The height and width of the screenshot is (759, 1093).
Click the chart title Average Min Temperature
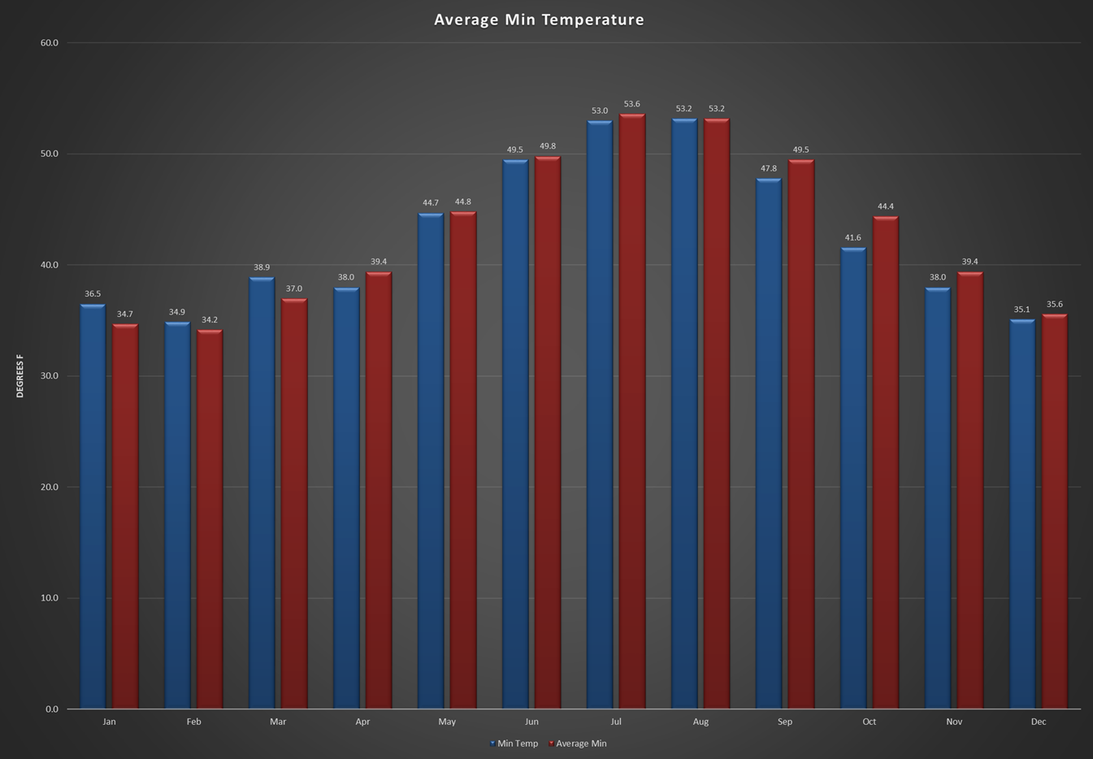[x=539, y=20]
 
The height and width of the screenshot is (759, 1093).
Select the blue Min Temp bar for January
[x=93, y=504]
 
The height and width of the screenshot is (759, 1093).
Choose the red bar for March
[x=294, y=504]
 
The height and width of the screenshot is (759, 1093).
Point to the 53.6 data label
[x=632, y=104]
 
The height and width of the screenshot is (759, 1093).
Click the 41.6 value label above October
[x=852, y=238]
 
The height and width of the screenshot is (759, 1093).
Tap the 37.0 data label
[x=294, y=288]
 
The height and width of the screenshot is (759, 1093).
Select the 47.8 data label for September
[x=768, y=169]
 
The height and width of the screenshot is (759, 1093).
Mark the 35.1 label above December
[x=1021, y=310]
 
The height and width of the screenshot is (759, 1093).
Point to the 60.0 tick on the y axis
[x=50, y=43]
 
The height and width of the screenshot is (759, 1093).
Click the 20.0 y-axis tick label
[x=50, y=488]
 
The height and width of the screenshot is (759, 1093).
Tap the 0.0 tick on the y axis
[x=52, y=709]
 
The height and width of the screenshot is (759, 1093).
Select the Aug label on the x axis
[x=700, y=722]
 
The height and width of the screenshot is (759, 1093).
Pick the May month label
[x=447, y=722]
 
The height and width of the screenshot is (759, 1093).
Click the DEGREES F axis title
[x=20, y=375]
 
